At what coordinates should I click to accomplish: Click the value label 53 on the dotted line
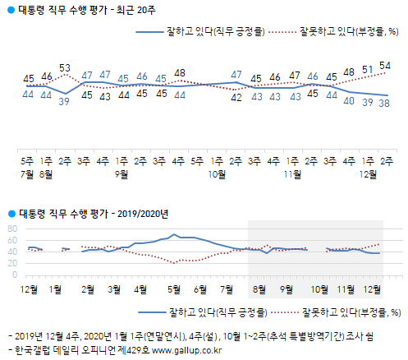tap(65, 67)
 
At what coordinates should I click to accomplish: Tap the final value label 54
tap(384, 66)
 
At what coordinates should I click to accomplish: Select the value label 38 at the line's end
tap(384, 103)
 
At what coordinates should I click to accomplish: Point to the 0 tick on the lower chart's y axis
tap(14, 275)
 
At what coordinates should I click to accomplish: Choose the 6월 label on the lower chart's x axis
tap(201, 288)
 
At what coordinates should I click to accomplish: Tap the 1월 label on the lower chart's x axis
tap(56, 288)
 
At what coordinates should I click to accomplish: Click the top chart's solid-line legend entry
tap(196, 32)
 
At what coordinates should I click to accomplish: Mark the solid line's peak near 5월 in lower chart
tap(173, 234)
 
